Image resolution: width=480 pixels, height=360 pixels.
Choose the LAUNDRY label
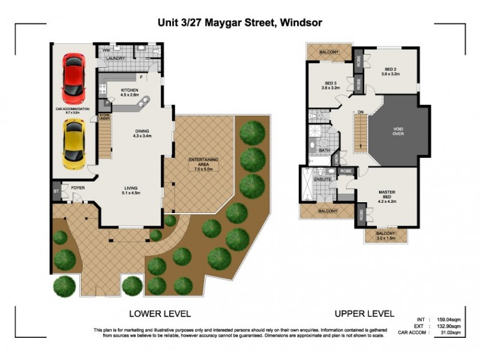(115, 59)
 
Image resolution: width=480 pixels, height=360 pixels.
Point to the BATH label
(325, 151)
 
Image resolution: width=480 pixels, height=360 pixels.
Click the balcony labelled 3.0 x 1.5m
(385, 235)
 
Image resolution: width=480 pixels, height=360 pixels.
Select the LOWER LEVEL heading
(160, 313)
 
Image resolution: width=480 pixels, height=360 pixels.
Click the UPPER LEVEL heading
(364, 313)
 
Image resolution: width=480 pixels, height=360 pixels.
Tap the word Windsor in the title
(302, 23)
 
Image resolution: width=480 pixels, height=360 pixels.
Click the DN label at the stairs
(360, 112)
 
